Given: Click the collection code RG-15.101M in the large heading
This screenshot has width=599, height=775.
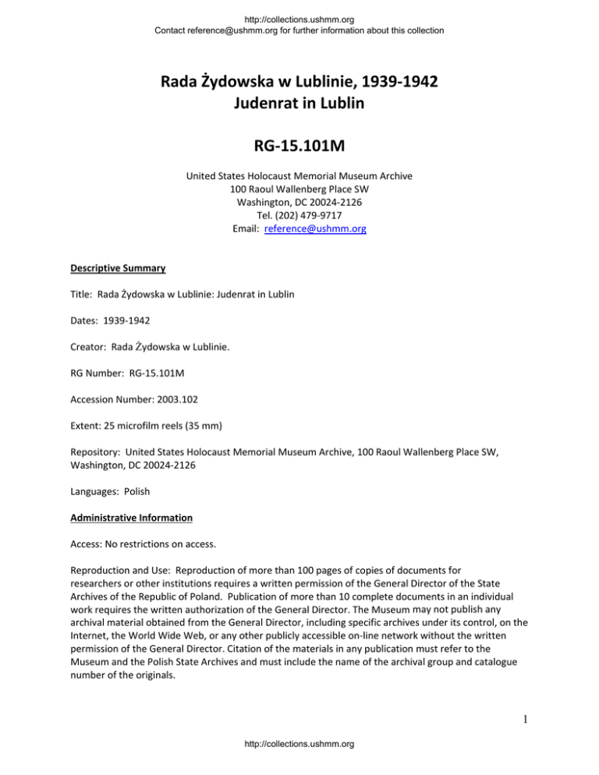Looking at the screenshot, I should coord(299,146).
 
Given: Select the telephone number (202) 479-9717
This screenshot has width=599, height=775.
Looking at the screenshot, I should coord(299,216).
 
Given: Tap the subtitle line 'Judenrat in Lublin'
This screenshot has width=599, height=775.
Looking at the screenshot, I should coord(299,101).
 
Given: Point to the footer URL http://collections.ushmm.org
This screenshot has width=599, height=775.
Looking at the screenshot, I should coord(299,766).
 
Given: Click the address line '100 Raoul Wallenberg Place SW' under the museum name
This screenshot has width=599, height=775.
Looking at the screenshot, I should coord(299,189).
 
